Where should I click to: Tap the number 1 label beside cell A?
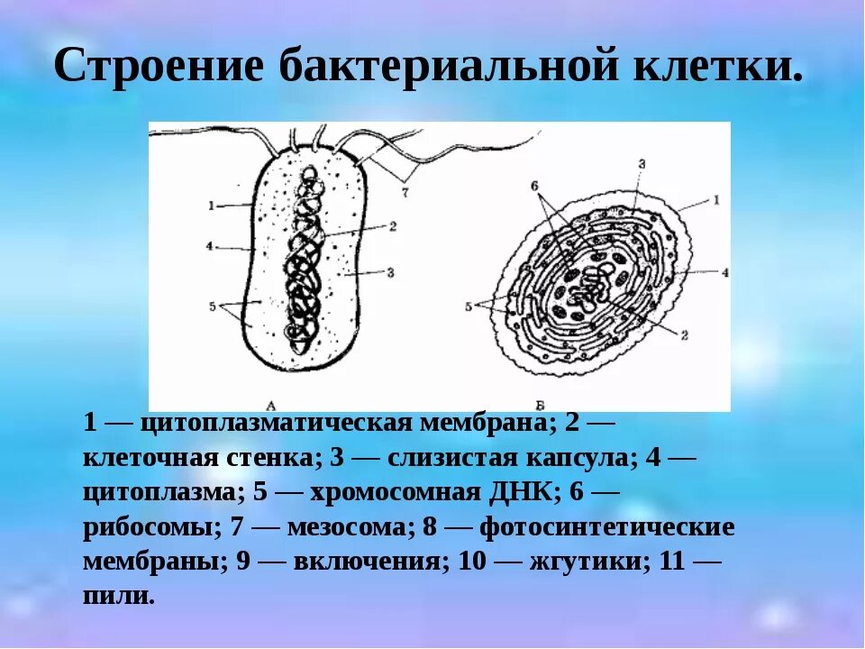tap(210, 206)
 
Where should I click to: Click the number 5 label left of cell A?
tap(213, 306)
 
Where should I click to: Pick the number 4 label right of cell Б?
tap(724, 270)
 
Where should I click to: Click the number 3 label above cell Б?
tap(641, 163)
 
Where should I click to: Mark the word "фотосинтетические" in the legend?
tap(607, 526)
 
